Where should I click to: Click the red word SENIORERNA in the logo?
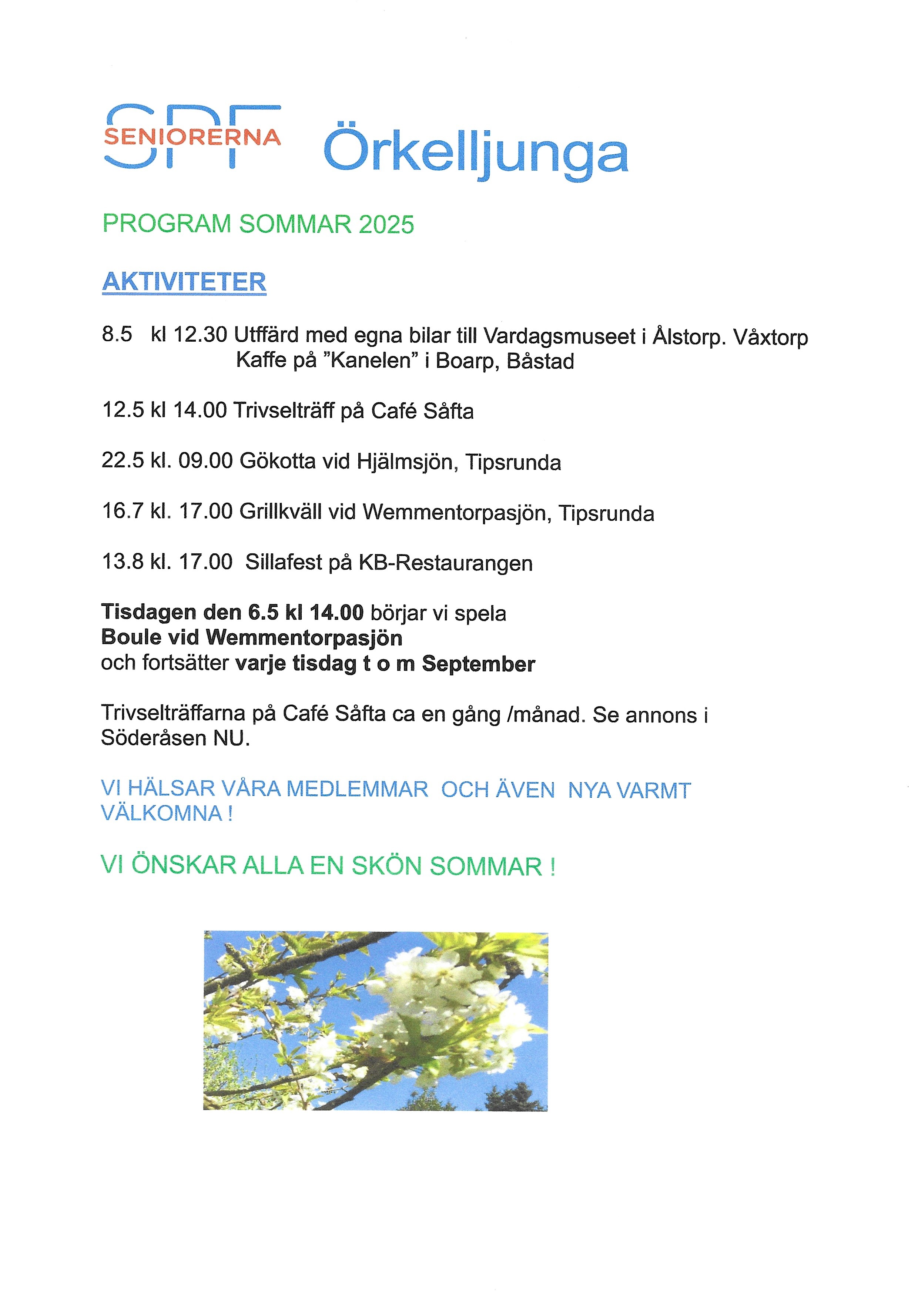[192, 137]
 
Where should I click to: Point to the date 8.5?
[117, 334]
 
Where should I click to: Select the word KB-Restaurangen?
[445, 563]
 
